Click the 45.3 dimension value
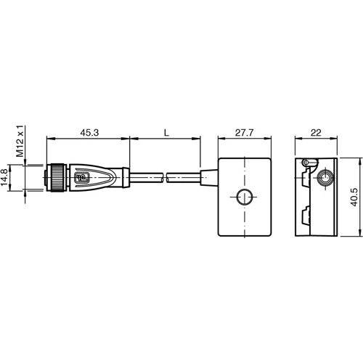pyautogui.click(x=89, y=133)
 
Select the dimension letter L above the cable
pyautogui.click(x=166, y=133)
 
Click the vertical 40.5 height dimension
pyautogui.click(x=353, y=197)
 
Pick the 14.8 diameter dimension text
pyautogui.click(x=7, y=178)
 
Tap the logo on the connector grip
pyautogui.click(x=81, y=176)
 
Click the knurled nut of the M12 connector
pyautogui.click(x=55, y=176)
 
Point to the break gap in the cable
pyautogui.click(x=165, y=176)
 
